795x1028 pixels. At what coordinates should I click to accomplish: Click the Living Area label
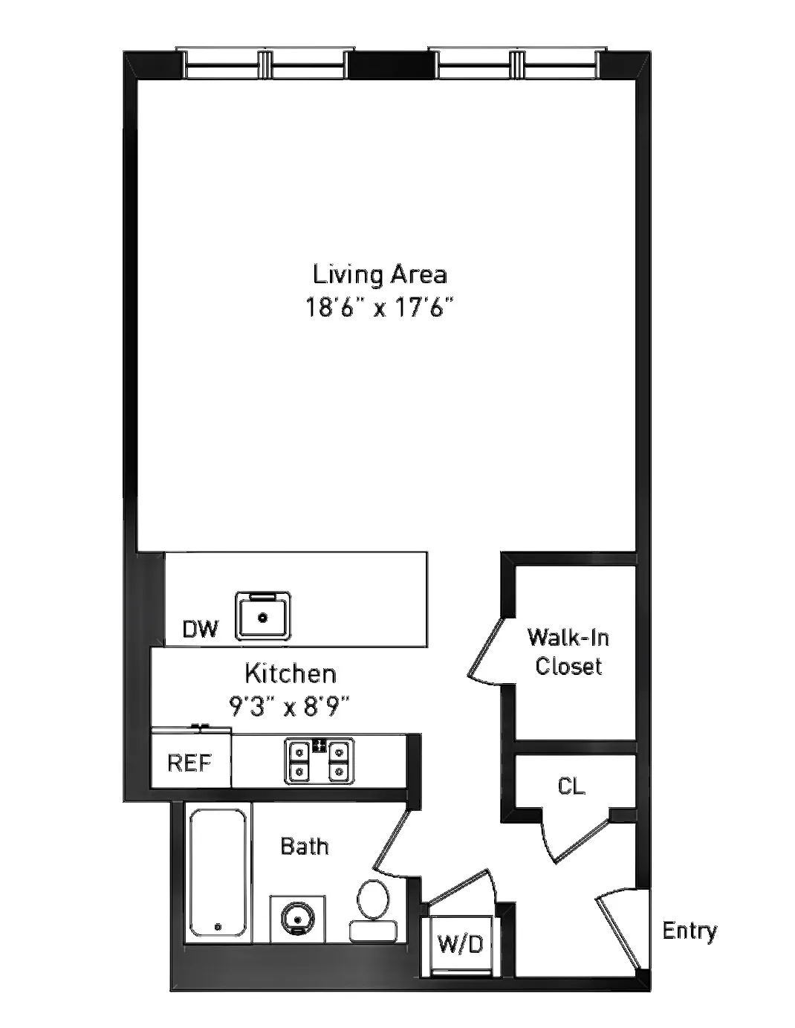point(380,274)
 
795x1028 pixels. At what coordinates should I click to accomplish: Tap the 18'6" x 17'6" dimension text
point(380,308)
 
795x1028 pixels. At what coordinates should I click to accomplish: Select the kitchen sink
point(263,616)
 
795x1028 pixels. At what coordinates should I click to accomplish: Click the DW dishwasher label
point(201,630)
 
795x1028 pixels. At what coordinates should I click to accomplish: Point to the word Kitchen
point(291,674)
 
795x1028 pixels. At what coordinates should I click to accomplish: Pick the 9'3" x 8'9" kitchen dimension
point(290,705)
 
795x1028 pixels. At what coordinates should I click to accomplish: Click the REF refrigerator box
point(189,763)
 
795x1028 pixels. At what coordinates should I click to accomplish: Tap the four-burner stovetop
point(319,761)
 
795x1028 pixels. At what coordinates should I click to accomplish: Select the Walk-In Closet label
point(568,652)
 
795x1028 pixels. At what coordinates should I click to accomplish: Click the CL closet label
point(571,786)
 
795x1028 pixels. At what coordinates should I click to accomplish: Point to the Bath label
point(305,846)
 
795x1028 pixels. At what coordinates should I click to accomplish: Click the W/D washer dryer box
point(460,944)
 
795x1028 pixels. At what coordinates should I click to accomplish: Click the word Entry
point(689,931)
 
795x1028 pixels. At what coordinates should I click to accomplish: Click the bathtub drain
point(218,927)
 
